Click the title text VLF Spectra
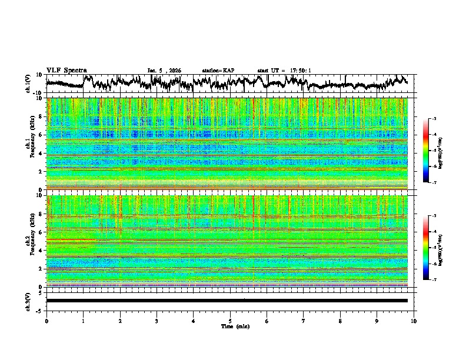click(x=66, y=70)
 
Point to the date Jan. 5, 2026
click(x=164, y=71)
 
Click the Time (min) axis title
click(x=230, y=326)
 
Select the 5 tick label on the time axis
click(x=230, y=321)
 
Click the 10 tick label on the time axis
click(x=414, y=321)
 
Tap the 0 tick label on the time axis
click(x=46, y=321)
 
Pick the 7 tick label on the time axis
click(x=304, y=321)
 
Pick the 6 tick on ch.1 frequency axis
click(x=41, y=135)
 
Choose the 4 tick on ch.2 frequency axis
click(x=41, y=251)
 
